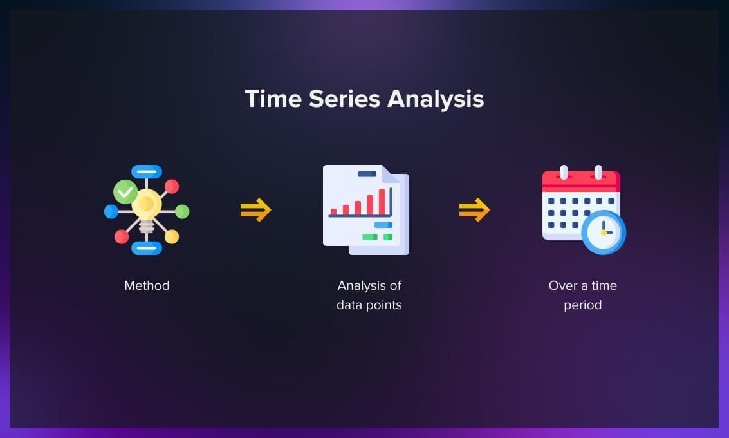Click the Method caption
[147, 285]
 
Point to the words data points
[369, 305]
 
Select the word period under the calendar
[582, 305]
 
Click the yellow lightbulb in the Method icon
[147, 205]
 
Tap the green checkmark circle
[125, 191]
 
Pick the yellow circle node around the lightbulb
[172, 236]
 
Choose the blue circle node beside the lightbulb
[111, 211]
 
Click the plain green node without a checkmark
[182, 211]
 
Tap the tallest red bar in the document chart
[382, 201]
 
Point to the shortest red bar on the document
[333, 211]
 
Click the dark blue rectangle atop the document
[367, 173]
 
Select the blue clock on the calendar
[603, 232]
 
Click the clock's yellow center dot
[603, 232]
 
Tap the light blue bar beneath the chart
[383, 225]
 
